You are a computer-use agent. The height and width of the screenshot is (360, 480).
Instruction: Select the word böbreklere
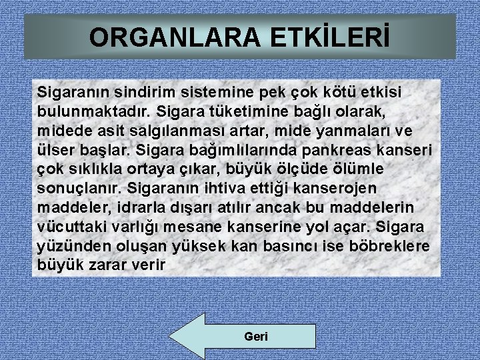[389, 246]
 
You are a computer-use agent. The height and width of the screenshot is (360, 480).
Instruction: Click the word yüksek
[201, 246]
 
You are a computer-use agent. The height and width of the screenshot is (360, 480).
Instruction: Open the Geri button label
[256, 337]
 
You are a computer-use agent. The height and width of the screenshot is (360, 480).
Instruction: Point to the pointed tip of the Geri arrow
[171, 337]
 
